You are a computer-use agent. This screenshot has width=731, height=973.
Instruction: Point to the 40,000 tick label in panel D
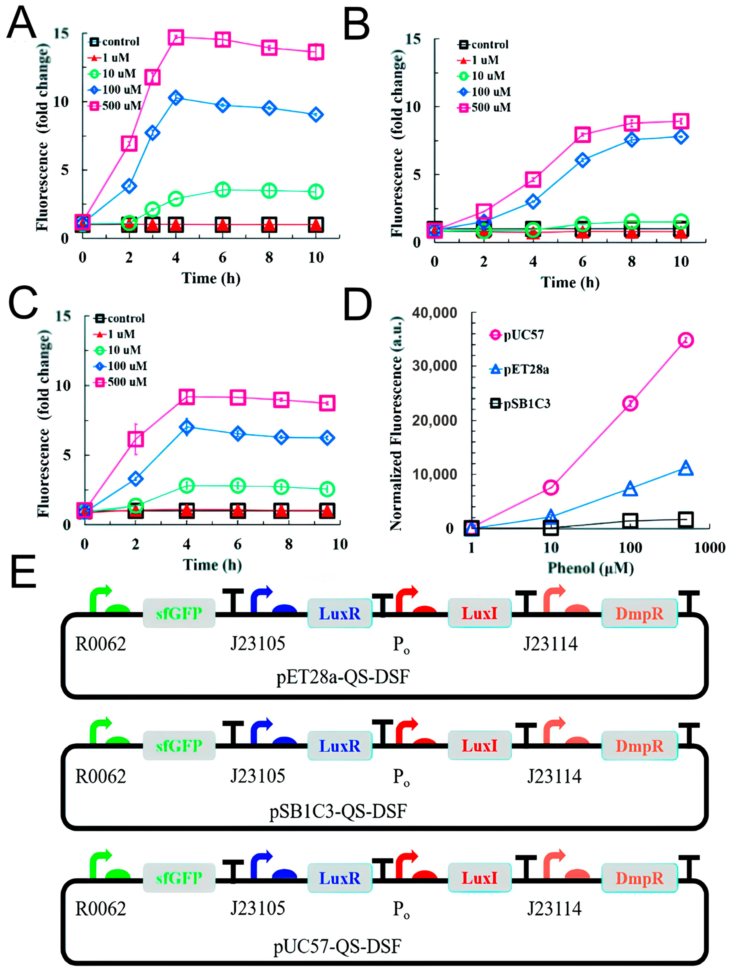pos(434,313)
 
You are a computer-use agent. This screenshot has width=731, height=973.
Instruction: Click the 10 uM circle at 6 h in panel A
pos(223,190)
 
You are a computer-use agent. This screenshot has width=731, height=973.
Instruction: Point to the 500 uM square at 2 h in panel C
pos(136,439)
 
